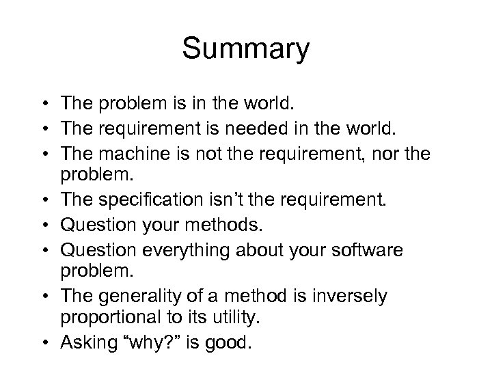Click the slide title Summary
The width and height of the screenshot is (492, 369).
click(246, 49)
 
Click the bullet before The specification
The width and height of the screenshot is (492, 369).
click(43, 200)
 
